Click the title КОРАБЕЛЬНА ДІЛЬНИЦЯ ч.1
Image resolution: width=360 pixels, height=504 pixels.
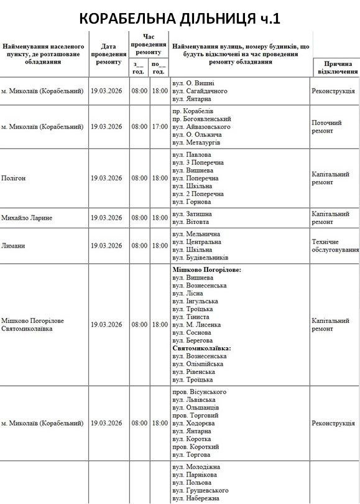[180, 19]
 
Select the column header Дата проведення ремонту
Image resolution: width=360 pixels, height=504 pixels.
[109, 54]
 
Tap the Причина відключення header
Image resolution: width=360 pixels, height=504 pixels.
[336, 67]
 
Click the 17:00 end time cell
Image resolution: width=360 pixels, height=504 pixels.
[160, 126]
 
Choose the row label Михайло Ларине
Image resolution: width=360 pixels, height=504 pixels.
[27, 218]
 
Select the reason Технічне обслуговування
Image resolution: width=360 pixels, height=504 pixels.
[335, 246]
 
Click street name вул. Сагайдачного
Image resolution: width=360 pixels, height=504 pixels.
[200, 91]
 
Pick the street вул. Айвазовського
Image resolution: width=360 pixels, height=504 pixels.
[201, 126]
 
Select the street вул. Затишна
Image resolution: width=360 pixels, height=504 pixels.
[193, 214]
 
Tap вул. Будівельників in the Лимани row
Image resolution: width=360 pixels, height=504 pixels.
[201, 258]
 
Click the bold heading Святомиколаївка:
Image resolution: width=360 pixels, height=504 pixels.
[201, 348]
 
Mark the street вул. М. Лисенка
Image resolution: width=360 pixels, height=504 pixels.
[196, 325]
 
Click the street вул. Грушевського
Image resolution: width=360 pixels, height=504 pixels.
[201, 490]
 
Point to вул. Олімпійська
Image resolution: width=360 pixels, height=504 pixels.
[198, 364]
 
